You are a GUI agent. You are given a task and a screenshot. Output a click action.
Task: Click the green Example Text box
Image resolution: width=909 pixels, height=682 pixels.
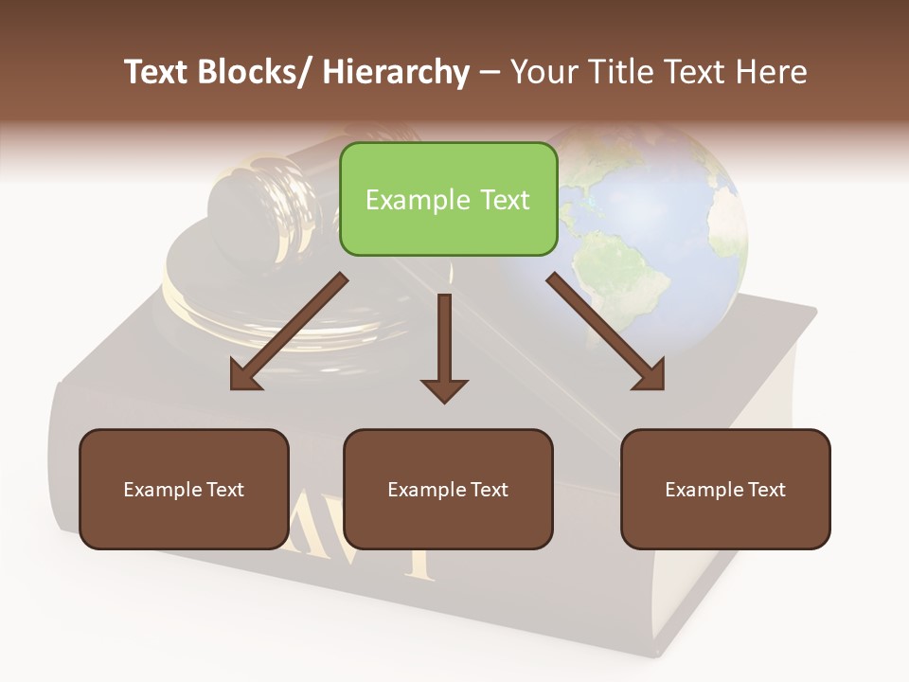click(x=448, y=199)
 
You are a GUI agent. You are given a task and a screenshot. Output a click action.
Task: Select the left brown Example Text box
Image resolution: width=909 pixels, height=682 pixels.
click(x=184, y=489)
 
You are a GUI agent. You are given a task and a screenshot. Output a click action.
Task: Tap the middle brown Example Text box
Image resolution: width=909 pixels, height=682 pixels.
click(x=448, y=489)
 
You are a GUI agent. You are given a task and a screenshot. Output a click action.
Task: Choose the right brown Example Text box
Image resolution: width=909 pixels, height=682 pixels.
click(x=725, y=489)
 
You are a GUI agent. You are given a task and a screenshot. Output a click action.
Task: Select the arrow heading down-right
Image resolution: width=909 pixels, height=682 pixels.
click(x=606, y=332)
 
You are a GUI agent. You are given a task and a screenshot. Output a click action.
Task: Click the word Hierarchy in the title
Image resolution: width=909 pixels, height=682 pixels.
click(x=396, y=72)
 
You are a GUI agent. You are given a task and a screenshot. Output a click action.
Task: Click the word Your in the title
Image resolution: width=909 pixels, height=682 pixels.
click(x=544, y=72)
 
